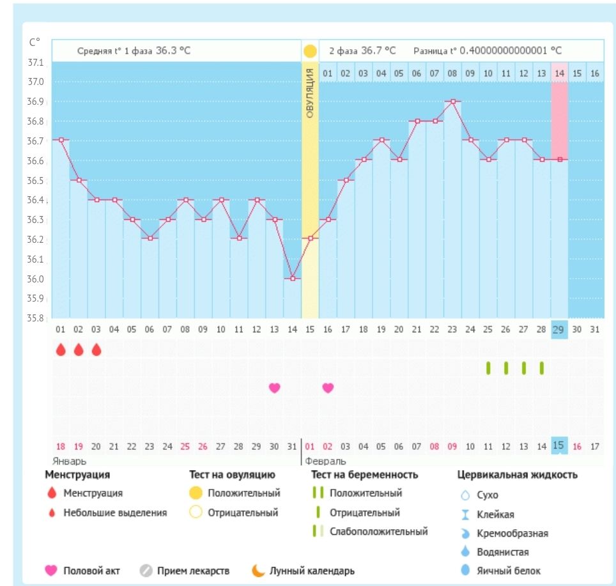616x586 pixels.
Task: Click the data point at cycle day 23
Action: tap(453, 101)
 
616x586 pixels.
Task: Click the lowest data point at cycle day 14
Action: tap(293, 279)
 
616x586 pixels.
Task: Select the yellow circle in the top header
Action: tap(310, 50)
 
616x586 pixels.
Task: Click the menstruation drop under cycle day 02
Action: tap(79, 350)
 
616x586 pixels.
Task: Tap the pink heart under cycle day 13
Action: tap(275, 387)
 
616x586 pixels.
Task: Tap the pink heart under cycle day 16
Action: tap(328, 387)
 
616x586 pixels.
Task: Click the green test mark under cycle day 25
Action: tap(488, 368)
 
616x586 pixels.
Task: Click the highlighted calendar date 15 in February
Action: tap(559, 445)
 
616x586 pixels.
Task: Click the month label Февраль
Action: tap(325, 461)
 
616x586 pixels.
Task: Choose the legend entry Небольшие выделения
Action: tap(114, 513)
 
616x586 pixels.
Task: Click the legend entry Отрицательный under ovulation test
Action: tap(242, 513)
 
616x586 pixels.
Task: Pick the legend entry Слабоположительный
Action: tap(378, 532)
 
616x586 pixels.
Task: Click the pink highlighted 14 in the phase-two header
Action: tap(559, 73)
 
